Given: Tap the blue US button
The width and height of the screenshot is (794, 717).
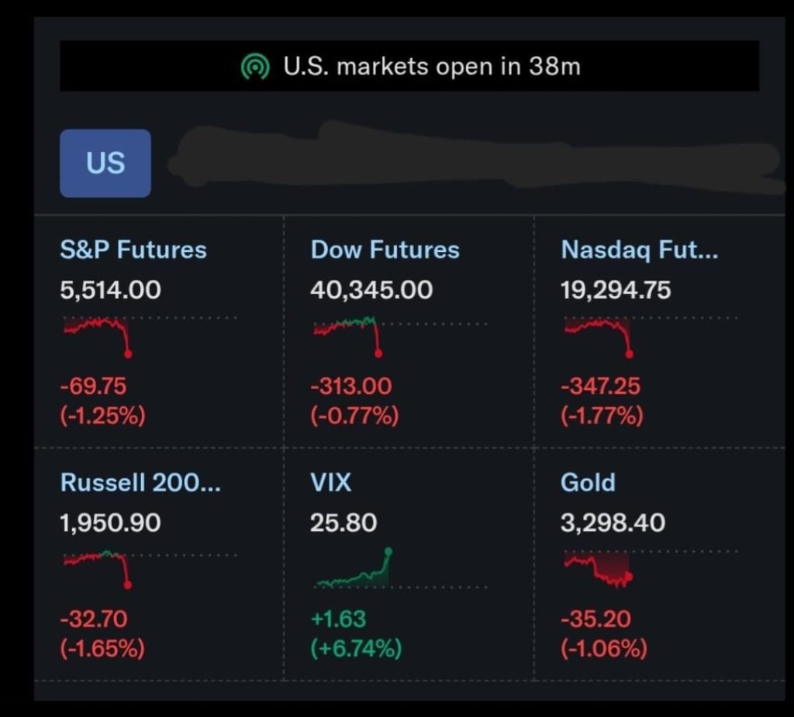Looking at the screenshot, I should pyautogui.click(x=105, y=163).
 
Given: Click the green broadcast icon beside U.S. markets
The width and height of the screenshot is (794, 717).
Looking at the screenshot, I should pyautogui.click(x=254, y=67).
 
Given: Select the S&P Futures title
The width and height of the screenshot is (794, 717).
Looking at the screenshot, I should pyautogui.click(x=133, y=250).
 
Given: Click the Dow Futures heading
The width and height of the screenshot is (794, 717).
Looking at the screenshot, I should pyautogui.click(x=385, y=250).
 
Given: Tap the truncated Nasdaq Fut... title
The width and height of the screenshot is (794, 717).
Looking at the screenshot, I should pyautogui.click(x=639, y=250).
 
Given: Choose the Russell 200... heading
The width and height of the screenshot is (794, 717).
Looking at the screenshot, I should pyautogui.click(x=140, y=482).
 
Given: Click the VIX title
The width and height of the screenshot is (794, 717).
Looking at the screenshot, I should pyautogui.click(x=330, y=482).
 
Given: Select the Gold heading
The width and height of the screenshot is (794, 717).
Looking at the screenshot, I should pyautogui.click(x=588, y=482).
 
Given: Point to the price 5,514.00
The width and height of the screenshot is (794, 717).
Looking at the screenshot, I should pyautogui.click(x=110, y=290).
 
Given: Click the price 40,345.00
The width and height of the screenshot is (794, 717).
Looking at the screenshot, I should pyautogui.click(x=371, y=290).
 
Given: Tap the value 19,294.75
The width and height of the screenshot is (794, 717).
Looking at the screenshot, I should pyautogui.click(x=616, y=290).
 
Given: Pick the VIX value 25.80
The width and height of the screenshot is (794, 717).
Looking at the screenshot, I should pyautogui.click(x=343, y=522).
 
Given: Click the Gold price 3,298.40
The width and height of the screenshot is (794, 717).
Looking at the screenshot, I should pyautogui.click(x=613, y=522).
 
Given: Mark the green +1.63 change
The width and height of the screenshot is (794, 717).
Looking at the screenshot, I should pyautogui.click(x=338, y=619).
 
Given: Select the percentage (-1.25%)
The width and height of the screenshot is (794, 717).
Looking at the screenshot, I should pyautogui.click(x=102, y=415).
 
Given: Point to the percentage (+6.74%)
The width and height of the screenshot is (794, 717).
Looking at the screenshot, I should pyautogui.click(x=356, y=648).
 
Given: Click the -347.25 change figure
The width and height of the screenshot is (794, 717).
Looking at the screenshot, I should pyautogui.click(x=600, y=385).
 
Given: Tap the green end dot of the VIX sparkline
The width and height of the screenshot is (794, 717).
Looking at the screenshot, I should pyautogui.click(x=388, y=552).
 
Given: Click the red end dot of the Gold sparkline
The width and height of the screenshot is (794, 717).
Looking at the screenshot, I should pyautogui.click(x=629, y=576).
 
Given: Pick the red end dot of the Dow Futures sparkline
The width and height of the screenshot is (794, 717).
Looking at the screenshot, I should pyautogui.click(x=378, y=353).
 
